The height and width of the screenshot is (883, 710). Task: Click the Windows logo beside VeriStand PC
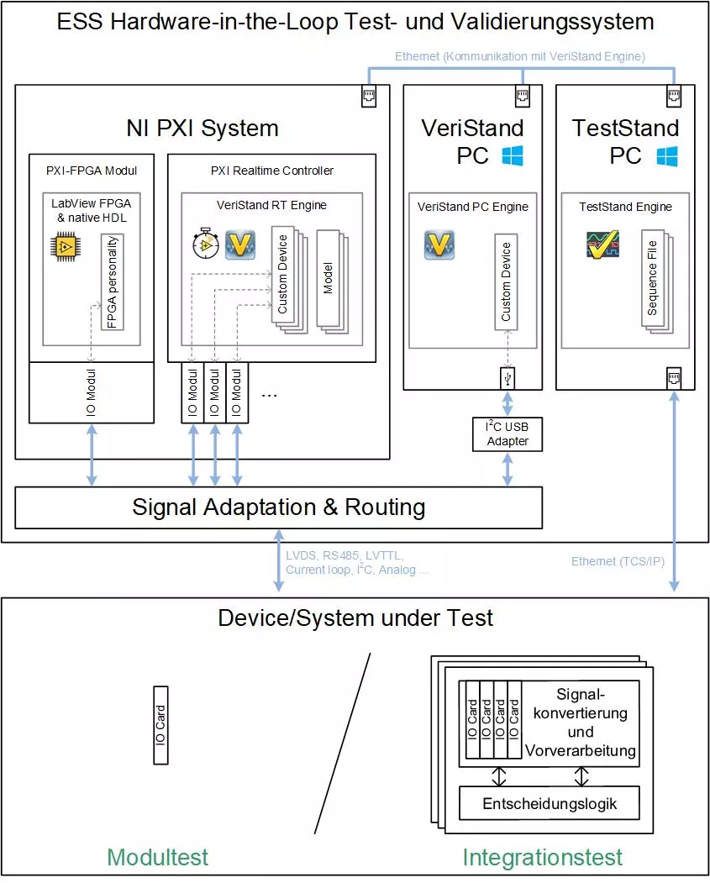[513, 155]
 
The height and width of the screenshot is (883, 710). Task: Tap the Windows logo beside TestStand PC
[667, 156]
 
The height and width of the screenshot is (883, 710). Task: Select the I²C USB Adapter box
[508, 434]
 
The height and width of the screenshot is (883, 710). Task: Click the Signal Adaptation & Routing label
[279, 507]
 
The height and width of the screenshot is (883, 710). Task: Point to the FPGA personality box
[112, 282]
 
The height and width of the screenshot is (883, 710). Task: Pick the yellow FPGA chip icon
[66, 246]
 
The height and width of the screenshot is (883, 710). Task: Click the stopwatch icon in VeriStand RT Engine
[206, 244]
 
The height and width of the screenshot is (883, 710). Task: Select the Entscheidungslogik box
[550, 803]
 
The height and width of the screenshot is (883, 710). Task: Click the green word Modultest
[158, 857]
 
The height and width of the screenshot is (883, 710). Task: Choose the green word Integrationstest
[542, 857]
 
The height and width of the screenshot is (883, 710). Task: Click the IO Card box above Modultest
[160, 725]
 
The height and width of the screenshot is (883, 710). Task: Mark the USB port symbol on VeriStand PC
[508, 378]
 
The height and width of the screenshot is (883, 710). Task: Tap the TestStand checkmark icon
[602, 244]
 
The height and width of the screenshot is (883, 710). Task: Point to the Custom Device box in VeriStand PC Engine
[506, 281]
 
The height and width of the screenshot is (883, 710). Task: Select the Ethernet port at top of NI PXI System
[369, 96]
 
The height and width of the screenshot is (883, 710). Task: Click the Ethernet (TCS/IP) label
[618, 561]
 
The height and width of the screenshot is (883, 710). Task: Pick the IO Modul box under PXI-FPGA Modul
[92, 392]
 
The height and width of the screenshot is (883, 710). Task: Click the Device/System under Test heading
[355, 618]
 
